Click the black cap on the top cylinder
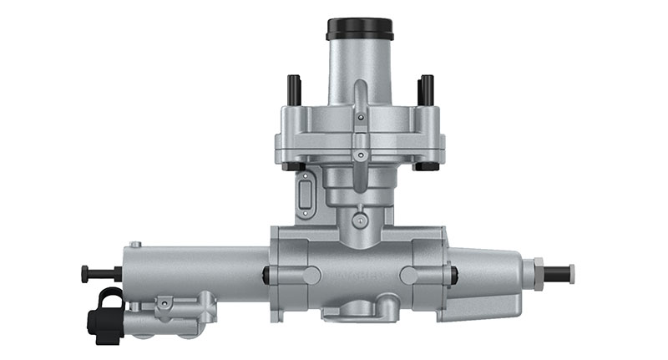click(358, 29)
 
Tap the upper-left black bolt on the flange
click(294, 87)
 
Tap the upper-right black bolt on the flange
click(427, 87)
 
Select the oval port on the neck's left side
click(305, 195)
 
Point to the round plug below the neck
click(359, 221)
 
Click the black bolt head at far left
click(85, 272)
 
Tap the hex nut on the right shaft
click(540, 271)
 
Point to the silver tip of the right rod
click(571, 271)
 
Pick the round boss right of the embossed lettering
click(409, 275)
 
